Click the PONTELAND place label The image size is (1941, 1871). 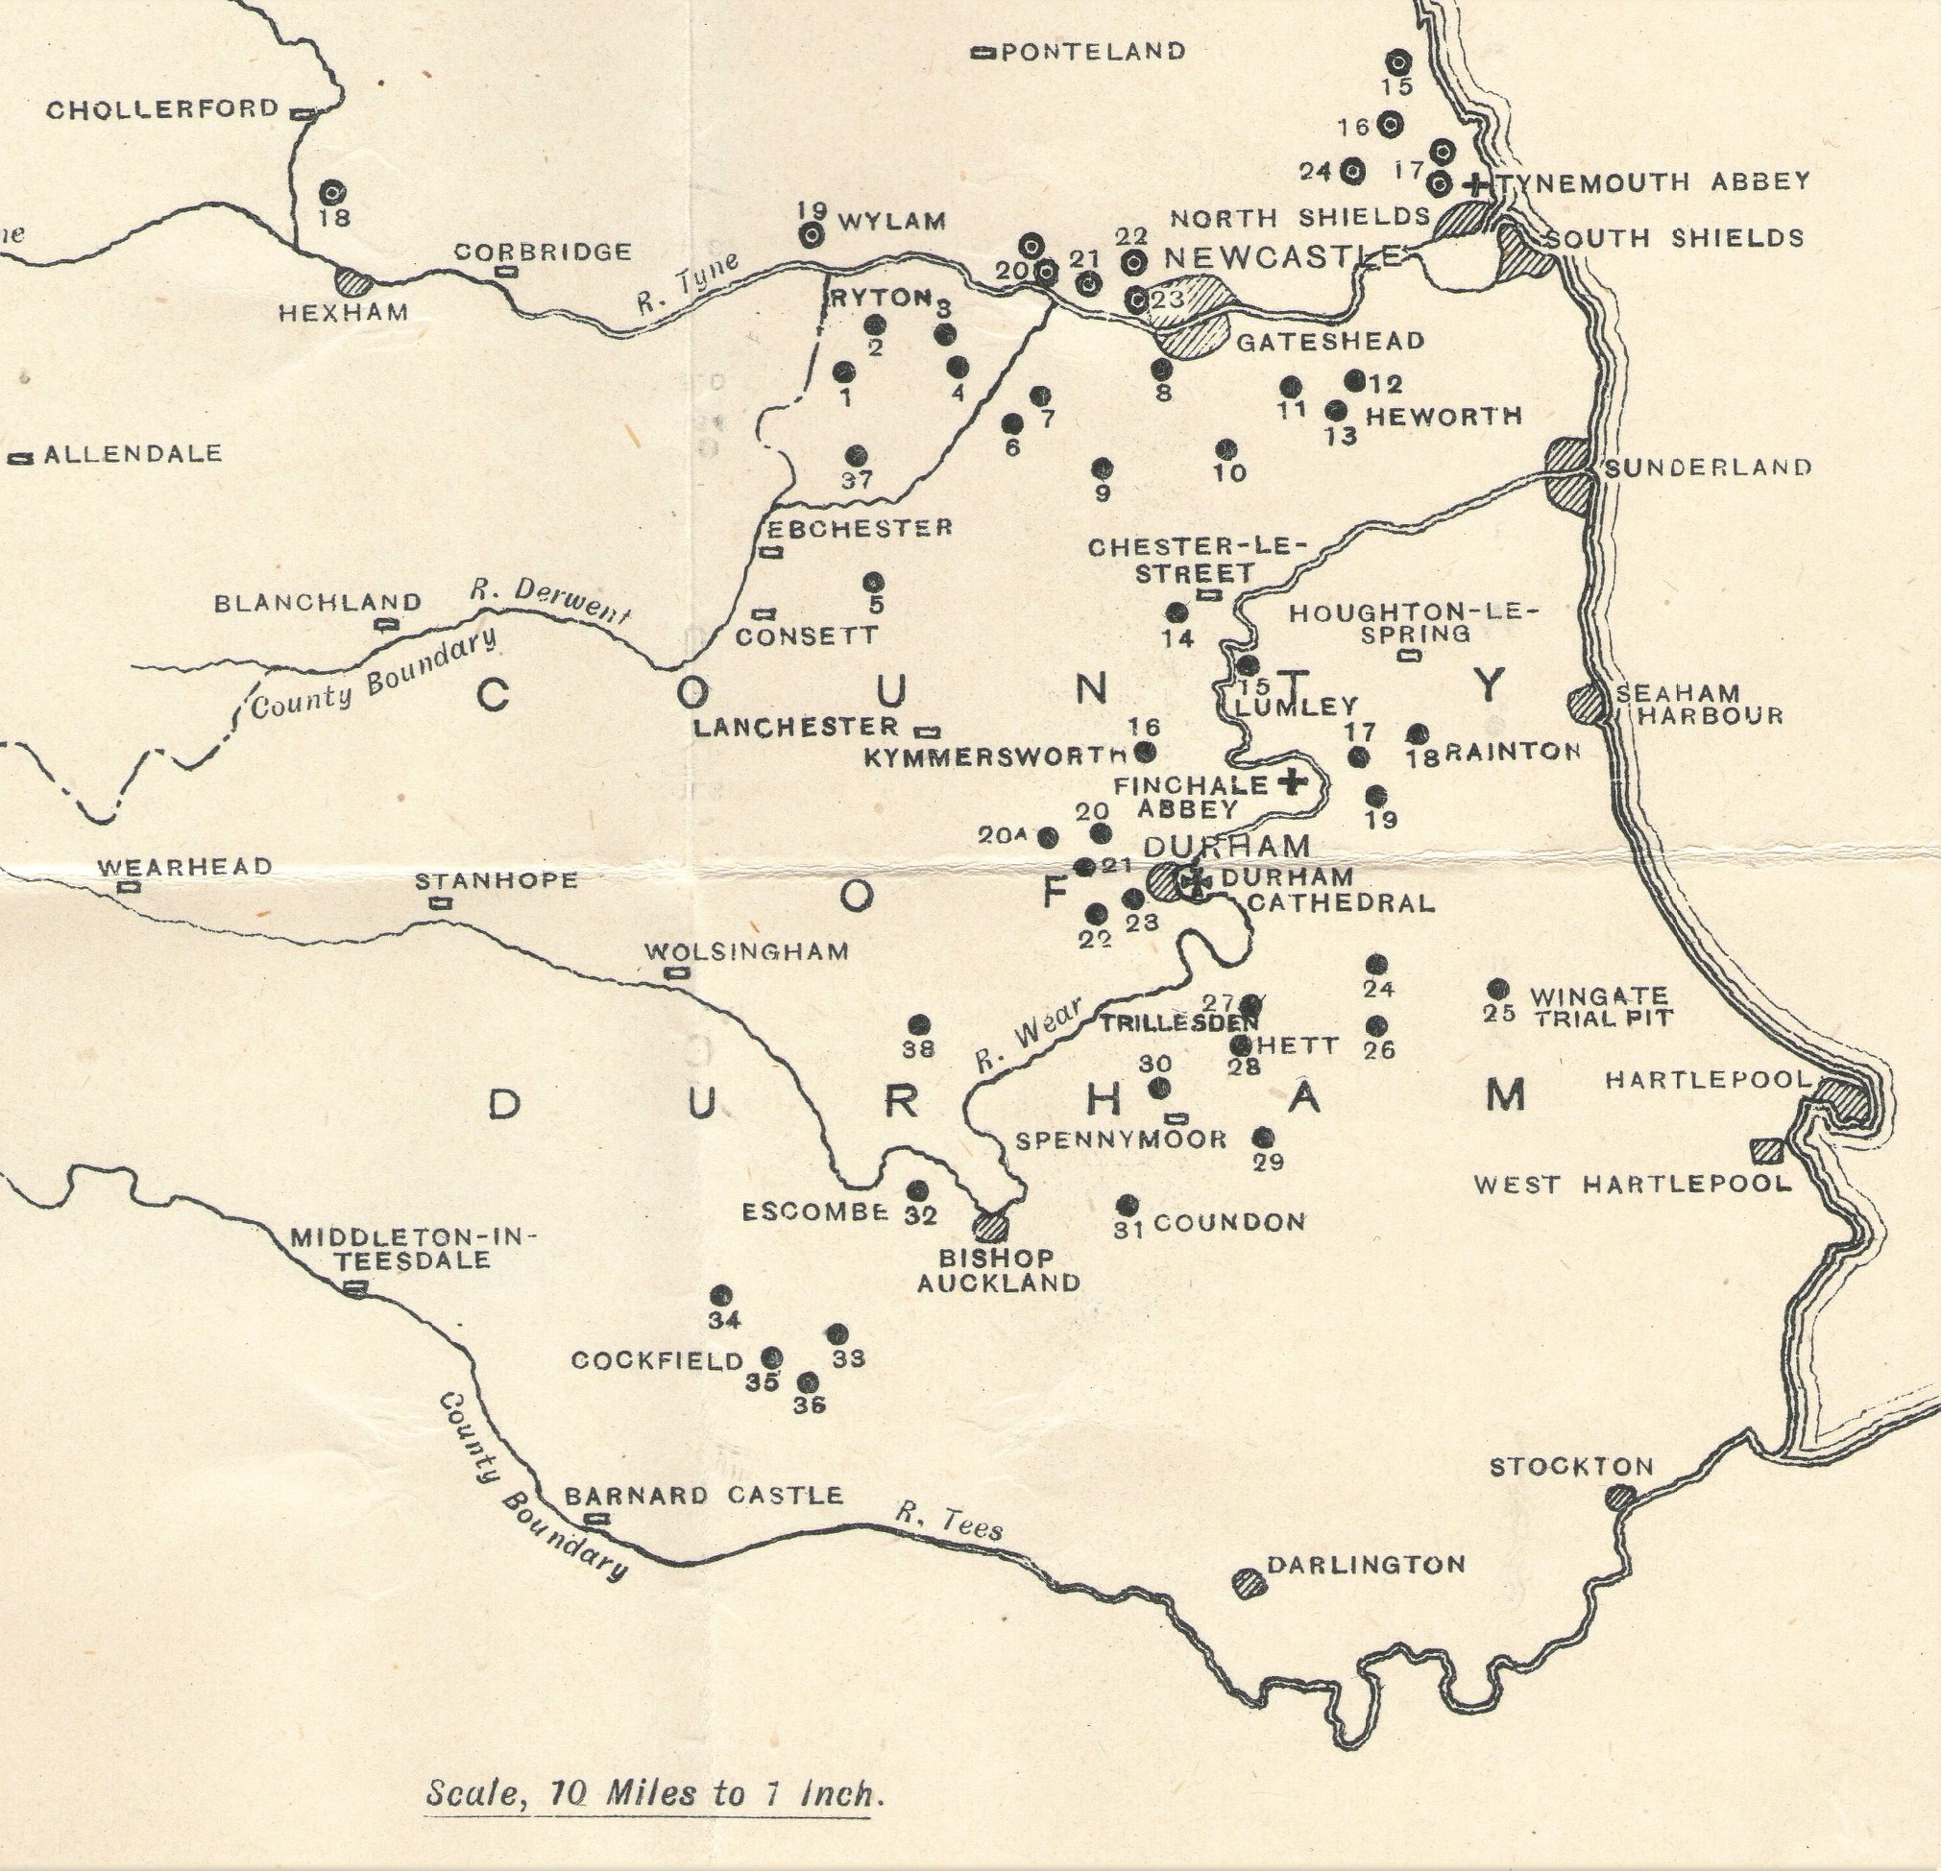[1092, 52]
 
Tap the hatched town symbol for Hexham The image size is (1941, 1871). [353, 281]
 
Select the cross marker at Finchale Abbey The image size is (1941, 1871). [1290, 782]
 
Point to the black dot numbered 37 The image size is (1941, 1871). [857, 455]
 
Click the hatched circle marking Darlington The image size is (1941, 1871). [1250, 1582]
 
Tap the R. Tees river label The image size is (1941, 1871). [949, 1523]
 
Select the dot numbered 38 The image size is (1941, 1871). [920, 1024]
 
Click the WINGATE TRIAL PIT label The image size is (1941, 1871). [1600, 1006]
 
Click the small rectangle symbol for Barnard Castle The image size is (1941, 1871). [597, 1519]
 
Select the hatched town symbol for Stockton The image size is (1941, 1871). [1620, 1497]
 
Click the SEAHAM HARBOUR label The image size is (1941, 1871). [1698, 704]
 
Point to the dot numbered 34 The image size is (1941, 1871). [721, 1296]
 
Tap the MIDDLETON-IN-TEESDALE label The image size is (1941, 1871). [412, 1248]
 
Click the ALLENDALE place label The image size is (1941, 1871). [133, 454]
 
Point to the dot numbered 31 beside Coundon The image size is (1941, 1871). [1127, 1205]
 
